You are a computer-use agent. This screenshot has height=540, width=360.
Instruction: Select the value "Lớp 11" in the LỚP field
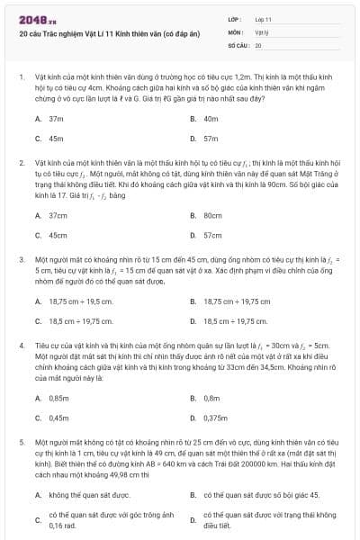click(263, 19)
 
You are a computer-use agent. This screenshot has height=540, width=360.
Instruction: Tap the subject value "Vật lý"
click(261, 31)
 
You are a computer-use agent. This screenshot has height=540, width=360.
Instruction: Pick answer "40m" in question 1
click(211, 119)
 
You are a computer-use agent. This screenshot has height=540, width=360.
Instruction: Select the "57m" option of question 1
click(211, 139)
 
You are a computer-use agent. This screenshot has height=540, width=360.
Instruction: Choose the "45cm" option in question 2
click(58, 235)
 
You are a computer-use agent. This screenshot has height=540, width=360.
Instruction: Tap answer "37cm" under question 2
click(58, 215)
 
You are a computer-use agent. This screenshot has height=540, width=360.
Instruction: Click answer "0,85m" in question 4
click(58, 398)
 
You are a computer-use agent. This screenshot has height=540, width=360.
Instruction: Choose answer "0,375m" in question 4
click(215, 418)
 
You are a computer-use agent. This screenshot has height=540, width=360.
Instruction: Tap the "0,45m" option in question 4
click(58, 418)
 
